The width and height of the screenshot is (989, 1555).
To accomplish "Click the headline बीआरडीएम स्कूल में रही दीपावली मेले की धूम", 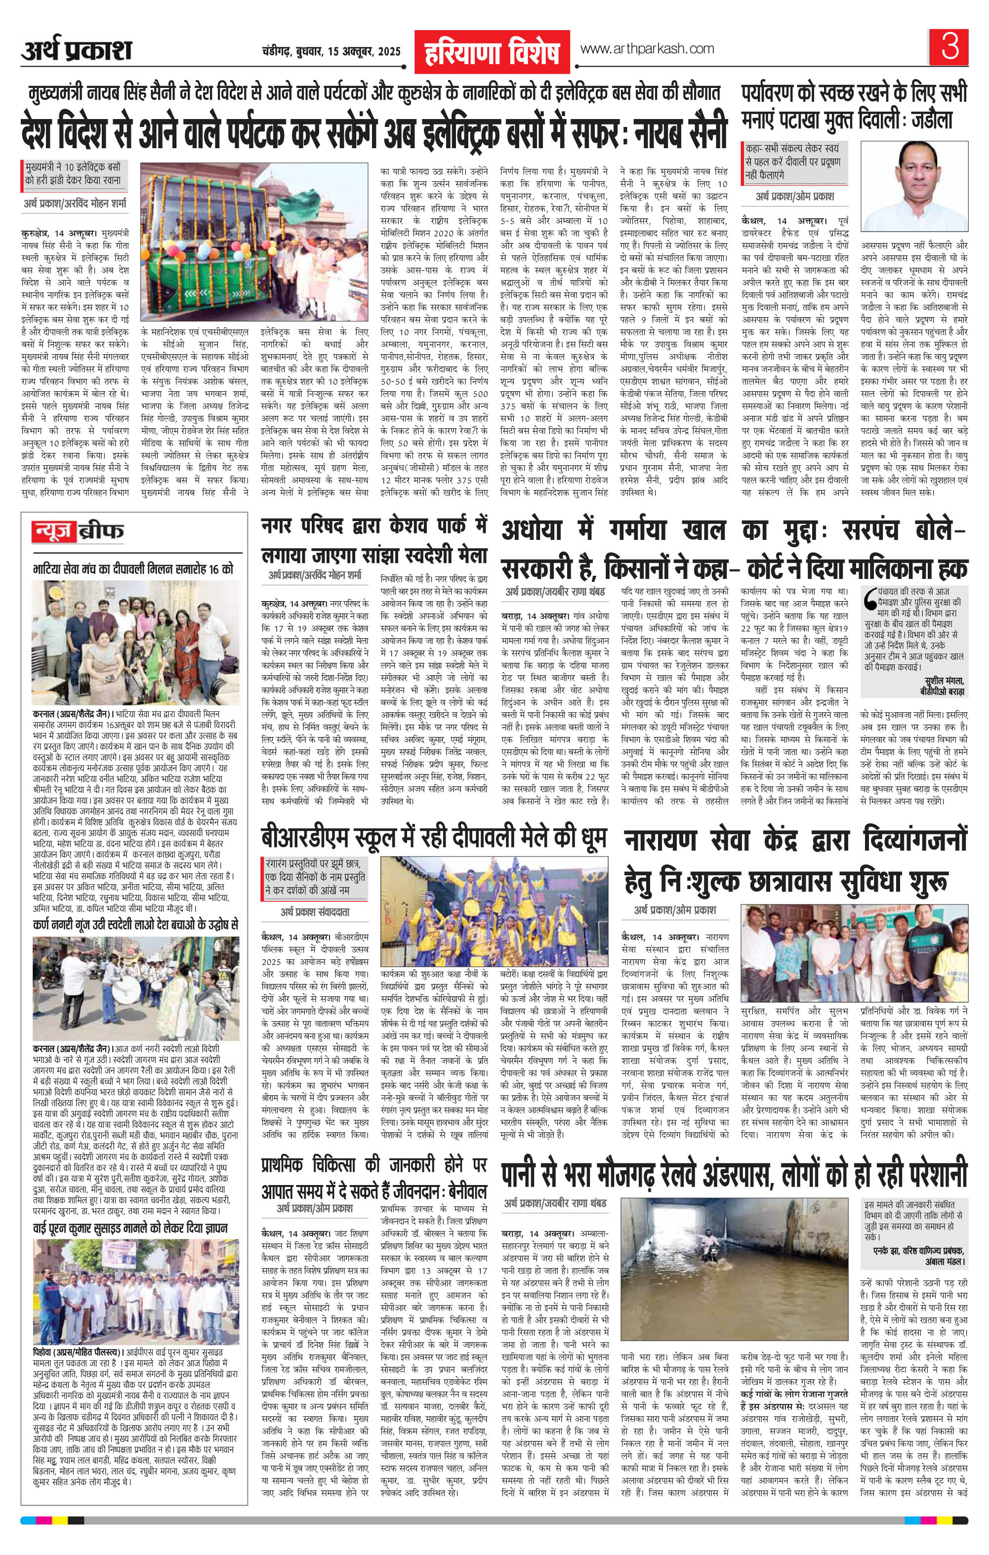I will click(433, 836).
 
